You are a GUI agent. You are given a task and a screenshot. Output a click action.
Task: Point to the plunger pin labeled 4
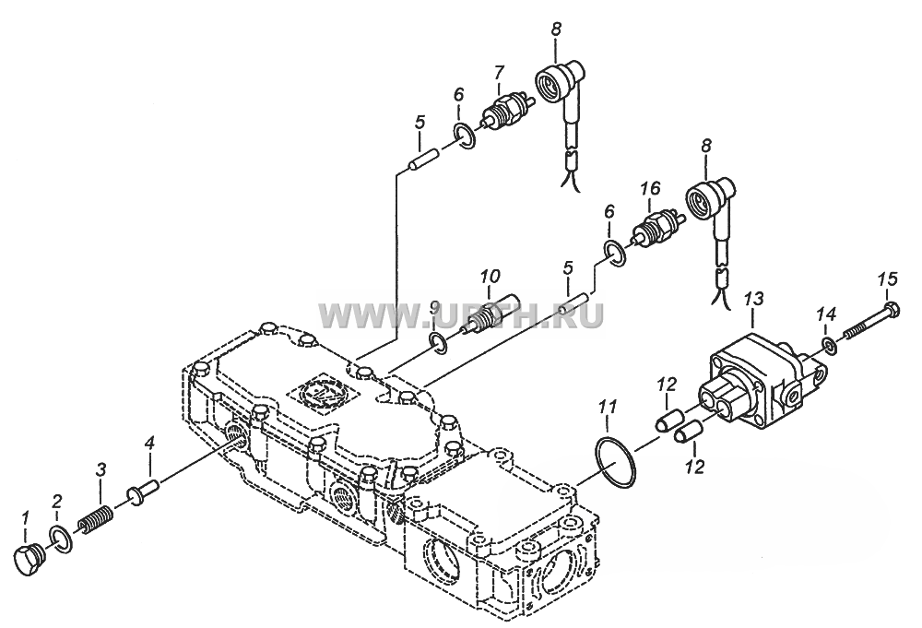coord(144,492)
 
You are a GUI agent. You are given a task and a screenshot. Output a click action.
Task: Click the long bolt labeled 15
coord(872,322)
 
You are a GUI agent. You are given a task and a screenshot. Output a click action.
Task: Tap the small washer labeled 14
coord(829,347)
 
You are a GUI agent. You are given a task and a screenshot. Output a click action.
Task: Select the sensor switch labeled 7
coord(505,112)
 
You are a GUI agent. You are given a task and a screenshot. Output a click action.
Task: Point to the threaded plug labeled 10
coord(491,313)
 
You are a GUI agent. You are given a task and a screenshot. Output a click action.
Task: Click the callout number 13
coord(753,299)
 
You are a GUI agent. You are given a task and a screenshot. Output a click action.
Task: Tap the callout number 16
coord(650,188)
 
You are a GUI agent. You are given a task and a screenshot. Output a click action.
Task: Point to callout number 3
coord(101,468)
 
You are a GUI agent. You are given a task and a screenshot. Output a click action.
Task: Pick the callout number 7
coord(499,72)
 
